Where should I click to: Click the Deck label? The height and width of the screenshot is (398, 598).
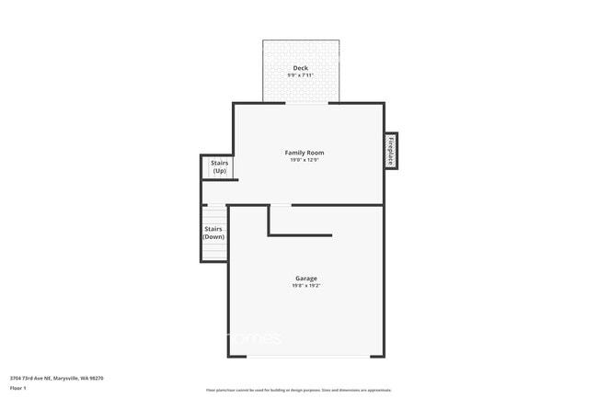[x=300, y=68]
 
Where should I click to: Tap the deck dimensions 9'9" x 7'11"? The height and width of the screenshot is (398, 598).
[x=300, y=75]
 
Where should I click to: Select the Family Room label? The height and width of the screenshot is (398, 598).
[x=305, y=153]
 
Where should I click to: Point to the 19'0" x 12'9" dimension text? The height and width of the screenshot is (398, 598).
[x=305, y=160]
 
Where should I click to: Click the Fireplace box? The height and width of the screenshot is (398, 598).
[x=391, y=151]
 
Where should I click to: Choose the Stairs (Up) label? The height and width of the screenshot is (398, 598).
[x=219, y=166]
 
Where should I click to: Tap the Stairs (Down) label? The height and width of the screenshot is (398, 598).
[x=213, y=233]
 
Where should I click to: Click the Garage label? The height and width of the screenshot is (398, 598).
[x=306, y=278]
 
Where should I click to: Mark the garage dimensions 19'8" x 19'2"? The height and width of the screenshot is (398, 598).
[x=306, y=285]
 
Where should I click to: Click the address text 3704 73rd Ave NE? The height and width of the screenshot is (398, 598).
[x=31, y=377]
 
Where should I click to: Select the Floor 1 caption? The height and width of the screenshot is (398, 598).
[x=19, y=389]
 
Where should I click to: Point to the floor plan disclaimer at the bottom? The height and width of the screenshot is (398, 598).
[x=298, y=390]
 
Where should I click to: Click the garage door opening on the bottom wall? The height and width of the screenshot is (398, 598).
[x=306, y=357]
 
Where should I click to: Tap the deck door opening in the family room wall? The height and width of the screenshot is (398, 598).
[x=306, y=103]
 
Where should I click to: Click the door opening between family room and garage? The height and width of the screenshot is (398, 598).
[x=281, y=204]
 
